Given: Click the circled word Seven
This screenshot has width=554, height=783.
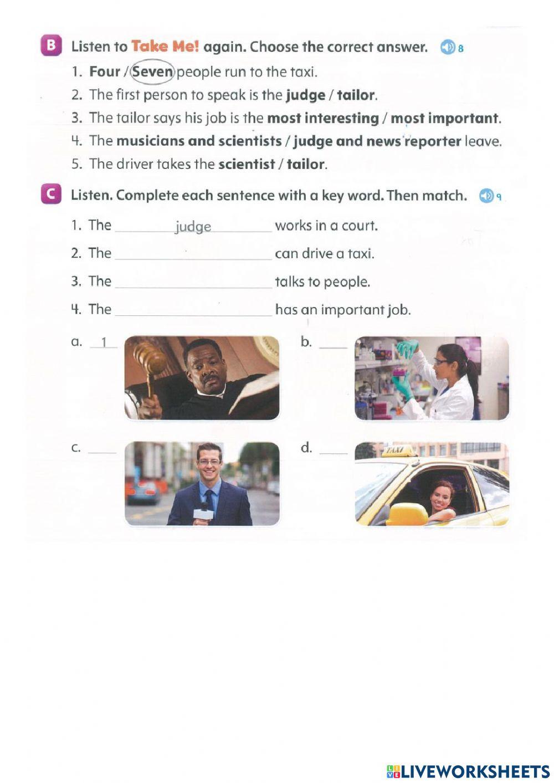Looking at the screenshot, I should [153, 72].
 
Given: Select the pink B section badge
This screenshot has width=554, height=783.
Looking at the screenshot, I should [50, 46].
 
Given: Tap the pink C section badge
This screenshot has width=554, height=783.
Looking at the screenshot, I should [50, 195].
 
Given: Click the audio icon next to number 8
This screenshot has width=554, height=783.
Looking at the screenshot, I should [448, 48].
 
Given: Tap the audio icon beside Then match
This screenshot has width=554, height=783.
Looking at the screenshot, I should [486, 196].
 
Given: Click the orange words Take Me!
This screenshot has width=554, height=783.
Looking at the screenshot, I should [165, 47].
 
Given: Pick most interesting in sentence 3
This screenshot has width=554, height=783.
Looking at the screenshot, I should [322, 118].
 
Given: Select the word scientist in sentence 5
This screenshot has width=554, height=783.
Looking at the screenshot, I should [247, 164].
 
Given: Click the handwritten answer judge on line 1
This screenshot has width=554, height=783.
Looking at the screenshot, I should [193, 227].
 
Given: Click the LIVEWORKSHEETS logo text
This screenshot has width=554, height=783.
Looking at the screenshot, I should [474, 771].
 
